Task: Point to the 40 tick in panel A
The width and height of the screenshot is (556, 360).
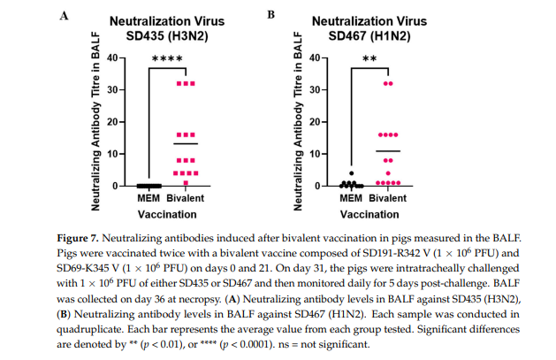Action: (x=111, y=57)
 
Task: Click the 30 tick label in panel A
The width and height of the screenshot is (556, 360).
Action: (x=111, y=89)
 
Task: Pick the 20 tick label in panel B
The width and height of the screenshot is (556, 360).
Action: (x=315, y=121)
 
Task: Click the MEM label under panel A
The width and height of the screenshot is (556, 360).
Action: (x=148, y=197)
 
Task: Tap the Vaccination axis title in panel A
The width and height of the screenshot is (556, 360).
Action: (x=165, y=213)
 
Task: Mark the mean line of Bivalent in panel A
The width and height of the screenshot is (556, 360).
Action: (x=185, y=143)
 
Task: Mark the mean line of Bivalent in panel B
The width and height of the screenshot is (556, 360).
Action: (x=387, y=151)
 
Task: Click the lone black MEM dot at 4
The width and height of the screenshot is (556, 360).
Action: (x=351, y=173)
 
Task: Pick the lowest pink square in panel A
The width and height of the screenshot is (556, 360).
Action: (x=186, y=183)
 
